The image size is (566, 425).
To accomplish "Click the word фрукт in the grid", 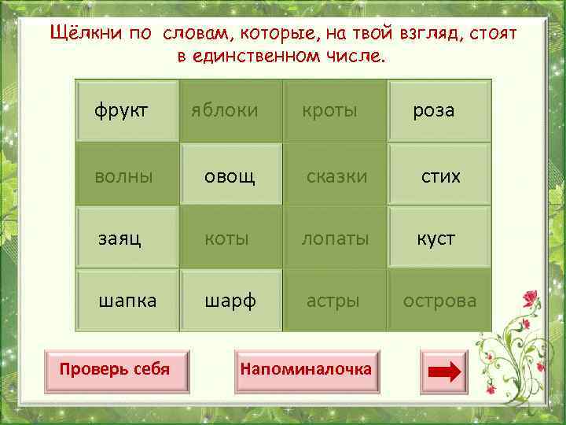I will point(122,111).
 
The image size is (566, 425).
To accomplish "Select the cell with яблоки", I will point(225,111).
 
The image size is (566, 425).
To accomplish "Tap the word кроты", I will point(330,111).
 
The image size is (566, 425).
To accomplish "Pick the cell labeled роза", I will point(434,111).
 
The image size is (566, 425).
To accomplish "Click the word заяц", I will point(119,238).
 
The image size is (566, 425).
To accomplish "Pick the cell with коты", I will point(226,238).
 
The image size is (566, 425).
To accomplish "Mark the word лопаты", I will point(335,238).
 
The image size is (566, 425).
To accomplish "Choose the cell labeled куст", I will point(436,238).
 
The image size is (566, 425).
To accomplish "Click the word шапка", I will point(127,300).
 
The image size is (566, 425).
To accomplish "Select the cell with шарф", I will point(230,301).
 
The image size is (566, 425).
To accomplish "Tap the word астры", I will point(333,300).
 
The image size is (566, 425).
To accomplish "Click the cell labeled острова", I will point(439,301).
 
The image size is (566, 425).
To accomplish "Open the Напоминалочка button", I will point(306,369).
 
